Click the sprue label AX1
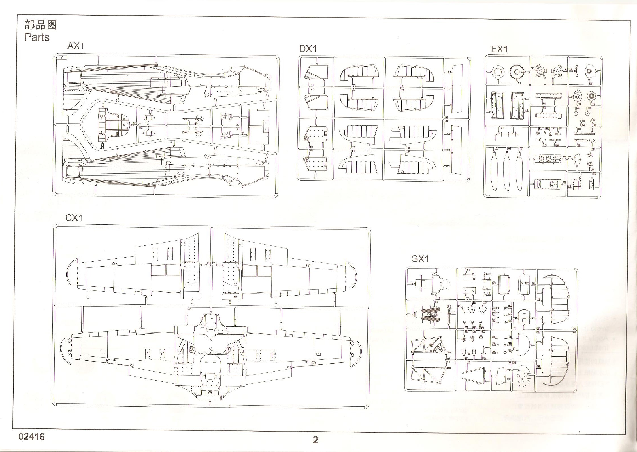[x=76, y=46]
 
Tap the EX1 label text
[x=500, y=49]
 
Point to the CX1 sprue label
[x=74, y=218]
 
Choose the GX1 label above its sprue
[x=420, y=259]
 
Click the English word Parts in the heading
[x=37, y=37]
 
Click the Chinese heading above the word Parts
[x=41, y=25]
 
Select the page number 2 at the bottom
[x=315, y=440]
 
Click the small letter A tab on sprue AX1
[x=62, y=58]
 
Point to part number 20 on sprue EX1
[x=591, y=84]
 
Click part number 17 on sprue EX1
[x=564, y=158]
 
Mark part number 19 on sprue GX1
[x=484, y=359]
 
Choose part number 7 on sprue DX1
[x=353, y=147]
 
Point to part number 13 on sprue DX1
[x=446, y=117]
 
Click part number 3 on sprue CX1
[x=189, y=308]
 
